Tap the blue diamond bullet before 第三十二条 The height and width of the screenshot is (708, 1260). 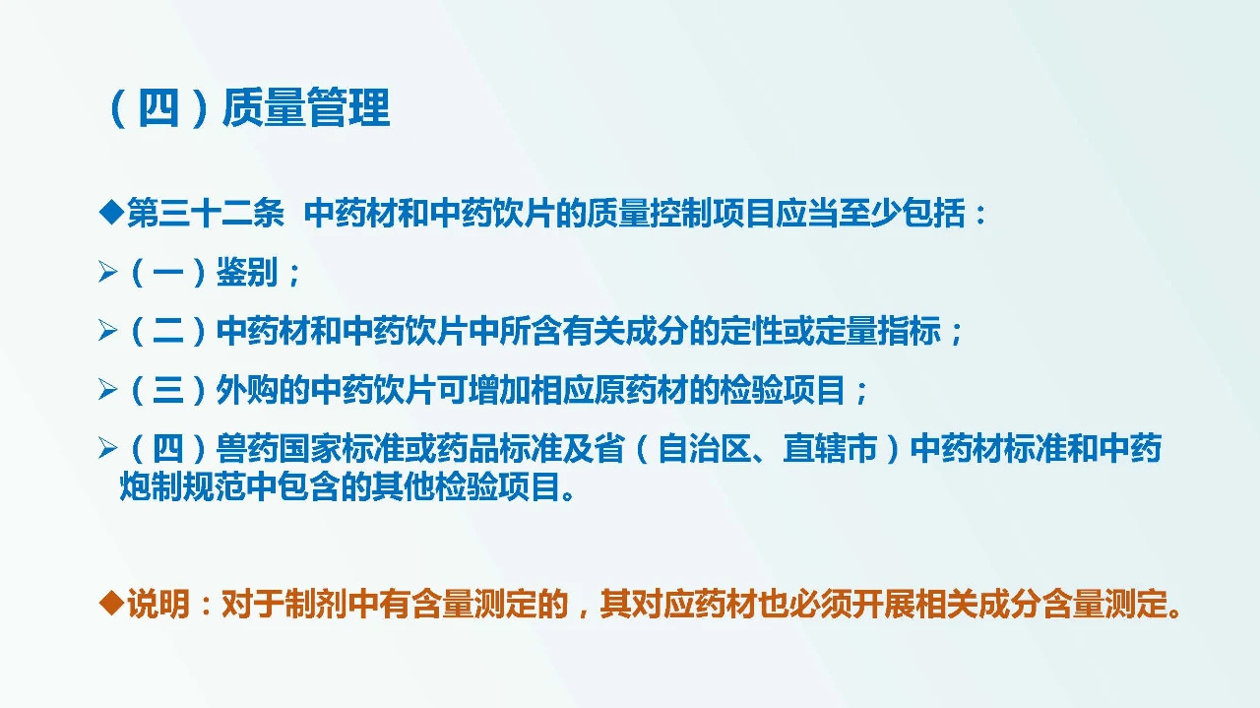tap(111, 213)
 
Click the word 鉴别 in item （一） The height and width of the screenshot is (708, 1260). tap(247, 273)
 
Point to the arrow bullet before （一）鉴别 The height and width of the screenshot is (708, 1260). tap(107, 273)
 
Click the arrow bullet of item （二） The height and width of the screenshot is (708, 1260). tap(107, 332)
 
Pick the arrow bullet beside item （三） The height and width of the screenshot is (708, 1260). tap(107, 391)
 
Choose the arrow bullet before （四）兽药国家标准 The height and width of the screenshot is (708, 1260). tap(107, 450)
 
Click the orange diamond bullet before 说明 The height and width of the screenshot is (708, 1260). tap(111, 603)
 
